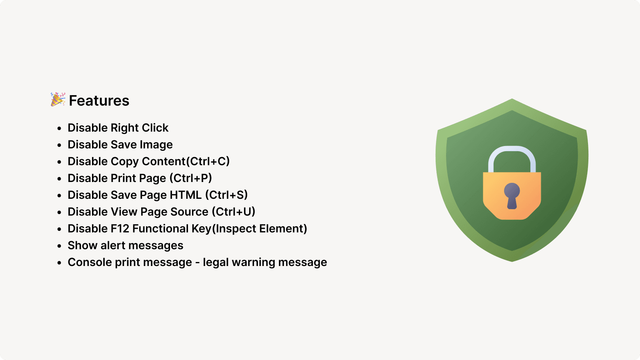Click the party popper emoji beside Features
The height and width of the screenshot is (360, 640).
58,100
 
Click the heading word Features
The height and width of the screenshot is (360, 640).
99,101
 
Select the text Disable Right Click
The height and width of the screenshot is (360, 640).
118,128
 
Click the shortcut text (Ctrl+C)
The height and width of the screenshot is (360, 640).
208,162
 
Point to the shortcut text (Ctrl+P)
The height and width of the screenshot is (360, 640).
191,178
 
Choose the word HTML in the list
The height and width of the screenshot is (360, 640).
186,195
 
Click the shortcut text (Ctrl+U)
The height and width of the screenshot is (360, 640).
234,212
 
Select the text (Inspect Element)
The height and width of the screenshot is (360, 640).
260,229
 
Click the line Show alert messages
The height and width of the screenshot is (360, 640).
125,246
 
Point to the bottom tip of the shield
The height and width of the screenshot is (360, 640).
512,260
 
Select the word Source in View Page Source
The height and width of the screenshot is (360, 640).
189,212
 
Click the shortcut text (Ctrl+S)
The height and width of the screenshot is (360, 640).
226,195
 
